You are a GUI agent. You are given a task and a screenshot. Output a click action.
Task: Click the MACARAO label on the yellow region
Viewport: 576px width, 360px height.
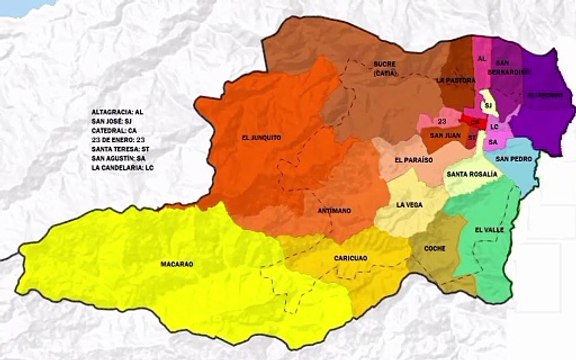(x=176, y=264)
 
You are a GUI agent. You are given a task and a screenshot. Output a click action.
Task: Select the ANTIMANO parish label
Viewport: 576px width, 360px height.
(x=332, y=211)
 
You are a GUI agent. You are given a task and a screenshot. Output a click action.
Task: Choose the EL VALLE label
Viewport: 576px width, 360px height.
(x=489, y=230)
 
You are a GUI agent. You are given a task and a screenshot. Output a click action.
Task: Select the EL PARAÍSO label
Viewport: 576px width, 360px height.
(x=413, y=159)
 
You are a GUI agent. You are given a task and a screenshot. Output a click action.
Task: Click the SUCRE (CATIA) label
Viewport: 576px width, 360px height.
(x=385, y=68)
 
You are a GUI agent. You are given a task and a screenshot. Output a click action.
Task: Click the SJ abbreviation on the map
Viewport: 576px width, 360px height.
(x=488, y=105)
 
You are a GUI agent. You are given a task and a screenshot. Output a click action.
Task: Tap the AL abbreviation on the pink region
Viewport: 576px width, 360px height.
(x=481, y=59)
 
